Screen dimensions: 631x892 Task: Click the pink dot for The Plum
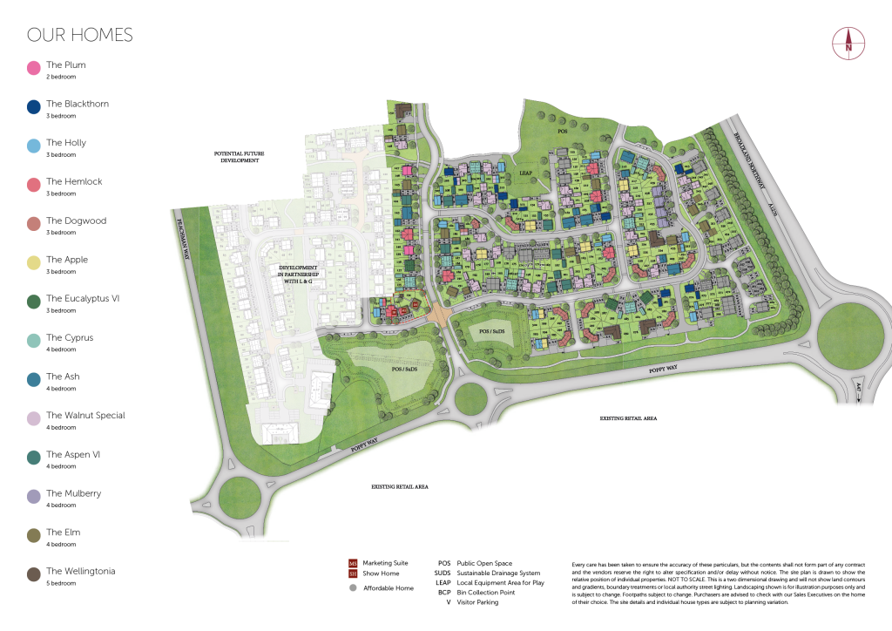34,68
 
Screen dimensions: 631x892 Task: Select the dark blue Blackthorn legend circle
34,107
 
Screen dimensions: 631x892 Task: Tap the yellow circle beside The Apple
34,262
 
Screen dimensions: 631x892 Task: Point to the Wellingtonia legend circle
34,574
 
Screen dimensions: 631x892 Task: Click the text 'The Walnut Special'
85,416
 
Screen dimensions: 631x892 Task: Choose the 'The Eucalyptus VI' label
83,299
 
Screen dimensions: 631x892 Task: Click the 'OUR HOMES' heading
80,36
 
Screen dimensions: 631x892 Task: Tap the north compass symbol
847,43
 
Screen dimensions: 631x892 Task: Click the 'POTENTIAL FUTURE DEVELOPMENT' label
239,157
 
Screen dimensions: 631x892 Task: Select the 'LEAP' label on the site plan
525,173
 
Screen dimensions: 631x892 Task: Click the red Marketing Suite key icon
353,563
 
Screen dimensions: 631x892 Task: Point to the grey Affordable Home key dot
353,588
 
